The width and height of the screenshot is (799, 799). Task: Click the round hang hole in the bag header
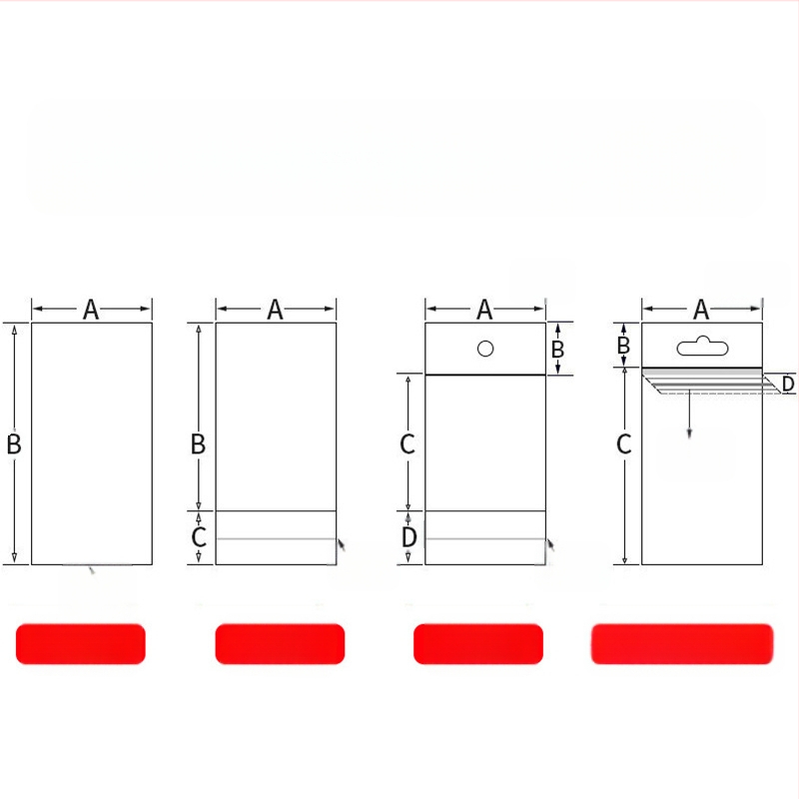(485, 349)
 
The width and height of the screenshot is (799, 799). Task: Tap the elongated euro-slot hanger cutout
(702, 347)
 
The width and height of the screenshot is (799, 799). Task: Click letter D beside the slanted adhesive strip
(788, 384)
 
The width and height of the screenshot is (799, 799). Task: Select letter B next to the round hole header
(557, 349)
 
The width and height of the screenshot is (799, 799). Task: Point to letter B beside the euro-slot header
(623, 345)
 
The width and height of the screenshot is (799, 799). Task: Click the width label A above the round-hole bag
(484, 310)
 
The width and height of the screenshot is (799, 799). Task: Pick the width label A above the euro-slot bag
(701, 310)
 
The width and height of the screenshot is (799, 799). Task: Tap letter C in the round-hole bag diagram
(407, 443)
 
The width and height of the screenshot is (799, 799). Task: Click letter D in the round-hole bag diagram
(408, 537)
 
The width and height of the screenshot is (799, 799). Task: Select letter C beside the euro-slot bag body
(623, 443)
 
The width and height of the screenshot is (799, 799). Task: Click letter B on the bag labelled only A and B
(14, 443)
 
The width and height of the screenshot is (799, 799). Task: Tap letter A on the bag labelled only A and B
(91, 310)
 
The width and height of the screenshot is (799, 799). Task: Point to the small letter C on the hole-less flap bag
(198, 537)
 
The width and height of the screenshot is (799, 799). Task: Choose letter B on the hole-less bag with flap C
(198, 443)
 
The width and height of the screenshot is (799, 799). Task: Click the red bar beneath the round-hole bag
(478, 643)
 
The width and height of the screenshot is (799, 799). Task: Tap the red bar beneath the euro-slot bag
(682, 643)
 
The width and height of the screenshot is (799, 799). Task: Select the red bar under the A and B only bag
(81, 643)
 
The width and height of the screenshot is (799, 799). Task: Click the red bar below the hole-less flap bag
(280, 643)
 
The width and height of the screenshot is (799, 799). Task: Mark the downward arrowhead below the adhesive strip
(689, 433)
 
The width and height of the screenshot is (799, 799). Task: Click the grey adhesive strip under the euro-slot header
(702, 372)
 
